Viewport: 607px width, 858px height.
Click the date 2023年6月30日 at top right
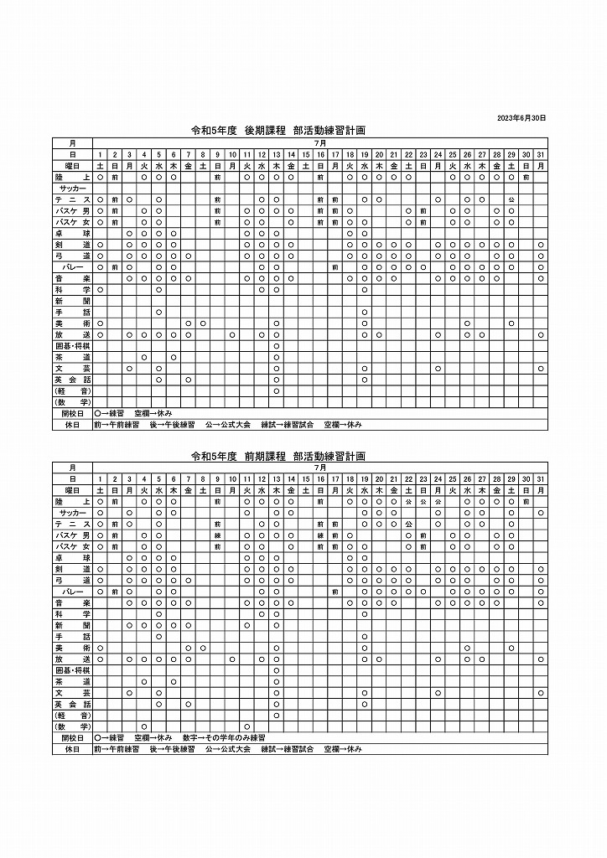coord(521,118)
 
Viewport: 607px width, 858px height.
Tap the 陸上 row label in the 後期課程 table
coord(73,178)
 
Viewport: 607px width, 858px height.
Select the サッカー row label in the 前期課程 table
coord(73,512)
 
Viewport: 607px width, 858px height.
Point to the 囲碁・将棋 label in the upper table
coord(73,345)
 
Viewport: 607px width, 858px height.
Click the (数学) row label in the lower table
coord(73,726)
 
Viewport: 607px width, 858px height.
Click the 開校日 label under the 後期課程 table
coord(73,414)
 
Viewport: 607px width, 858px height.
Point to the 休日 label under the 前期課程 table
coord(73,749)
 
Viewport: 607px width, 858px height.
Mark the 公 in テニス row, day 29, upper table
coord(511,200)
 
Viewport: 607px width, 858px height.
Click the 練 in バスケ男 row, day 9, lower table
coord(217,535)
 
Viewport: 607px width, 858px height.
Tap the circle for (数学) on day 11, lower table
coord(246,726)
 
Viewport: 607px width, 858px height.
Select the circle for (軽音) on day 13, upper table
coord(276,391)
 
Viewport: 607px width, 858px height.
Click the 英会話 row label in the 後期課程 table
coord(73,380)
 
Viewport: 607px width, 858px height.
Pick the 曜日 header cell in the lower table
coord(73,489)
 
